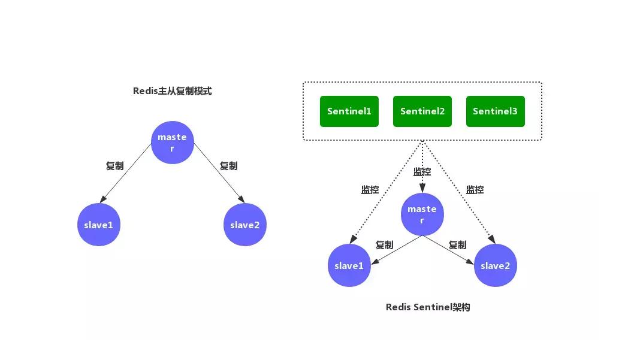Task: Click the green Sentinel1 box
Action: pyautogui.click(x=349, y=111)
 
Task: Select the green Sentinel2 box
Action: pyautogui.click(x=422, y=111)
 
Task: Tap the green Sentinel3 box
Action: pyautogui.click(x=495, y=111)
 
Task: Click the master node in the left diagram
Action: pyautogui.click(x=172, y=143)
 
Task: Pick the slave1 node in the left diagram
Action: pyautogui.click(x=99, y=225)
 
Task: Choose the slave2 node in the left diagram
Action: pyautogui.click(x=245, y=225)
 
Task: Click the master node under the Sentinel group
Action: pyautogui.click(x=422, y=214)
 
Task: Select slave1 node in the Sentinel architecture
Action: pyautogui.click(x=349, y=265)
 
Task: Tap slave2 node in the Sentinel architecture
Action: pyautogui.click(x=495, y=265)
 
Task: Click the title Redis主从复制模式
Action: pyautogui.click(x=172, y=91)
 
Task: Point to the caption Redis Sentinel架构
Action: pyautogui.click(x=427, y=307)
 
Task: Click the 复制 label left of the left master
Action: pyautogui.click(x=114, y=166)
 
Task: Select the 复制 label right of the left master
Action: pyautogui.click(x=228, y=166)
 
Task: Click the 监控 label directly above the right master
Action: pyautogui.click(x=422, y=172)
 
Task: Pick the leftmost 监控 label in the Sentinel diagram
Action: pyautogui.click(x=370, y=190)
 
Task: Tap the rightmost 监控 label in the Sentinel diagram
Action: pyautogui.click(x=475, y=190)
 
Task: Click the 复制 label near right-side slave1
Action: pyautogui.click(x=384, y=245)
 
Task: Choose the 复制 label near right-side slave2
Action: pyautogui.click(x=457, y=245)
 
